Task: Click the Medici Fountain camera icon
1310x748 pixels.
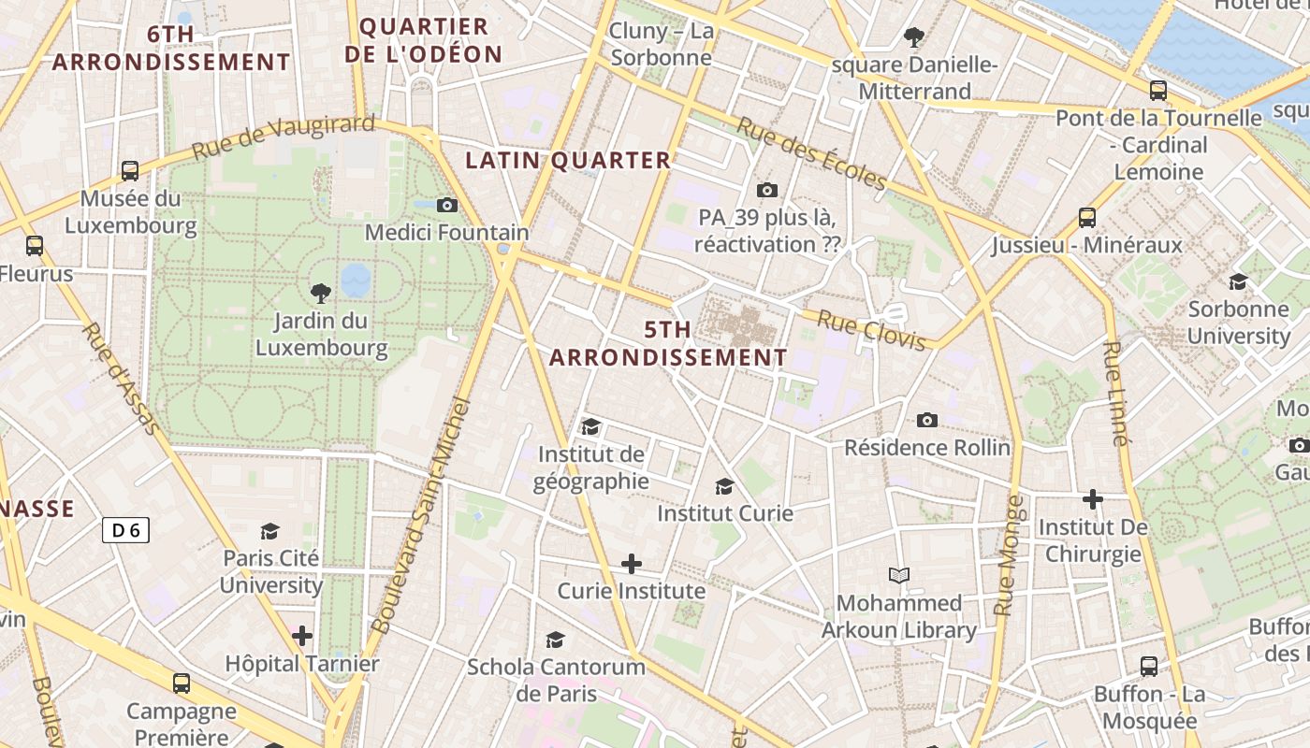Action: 447,205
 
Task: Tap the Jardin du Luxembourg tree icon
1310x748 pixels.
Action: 321,294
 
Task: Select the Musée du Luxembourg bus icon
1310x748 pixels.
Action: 130,171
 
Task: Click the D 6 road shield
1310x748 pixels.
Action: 125,531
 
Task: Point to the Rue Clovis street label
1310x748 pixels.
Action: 871,331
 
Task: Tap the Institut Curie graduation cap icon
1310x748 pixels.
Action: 724,486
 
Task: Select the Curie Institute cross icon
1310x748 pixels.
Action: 632,564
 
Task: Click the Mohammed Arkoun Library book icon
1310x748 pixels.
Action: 899,576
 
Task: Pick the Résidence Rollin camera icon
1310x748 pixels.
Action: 927,420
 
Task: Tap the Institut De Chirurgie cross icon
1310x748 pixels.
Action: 1092,499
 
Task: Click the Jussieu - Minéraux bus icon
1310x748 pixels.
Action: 1087,218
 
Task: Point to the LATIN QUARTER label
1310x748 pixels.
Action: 569,161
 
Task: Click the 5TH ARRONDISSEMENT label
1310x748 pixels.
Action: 668,344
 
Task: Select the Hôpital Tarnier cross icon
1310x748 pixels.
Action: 301,637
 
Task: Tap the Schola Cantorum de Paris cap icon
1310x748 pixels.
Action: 556,640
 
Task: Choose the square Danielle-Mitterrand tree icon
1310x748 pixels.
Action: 914,37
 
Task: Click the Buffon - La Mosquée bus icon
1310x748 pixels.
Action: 1149,667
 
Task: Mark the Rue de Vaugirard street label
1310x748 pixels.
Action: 284,137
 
